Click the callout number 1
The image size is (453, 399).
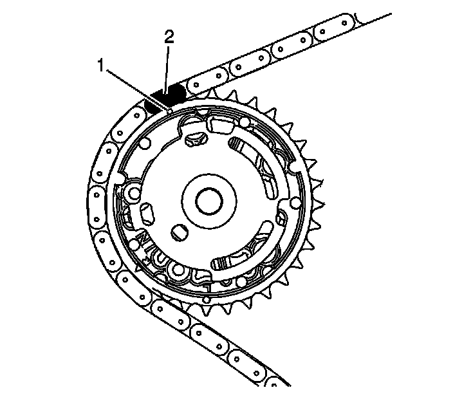(x=100, y=65)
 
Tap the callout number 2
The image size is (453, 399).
(x=169, y=37)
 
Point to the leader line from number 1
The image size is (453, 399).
(x=138, y=89)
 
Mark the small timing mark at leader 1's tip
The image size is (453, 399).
(x=171, y=111)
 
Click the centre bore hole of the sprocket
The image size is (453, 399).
(x=209, y=201)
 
